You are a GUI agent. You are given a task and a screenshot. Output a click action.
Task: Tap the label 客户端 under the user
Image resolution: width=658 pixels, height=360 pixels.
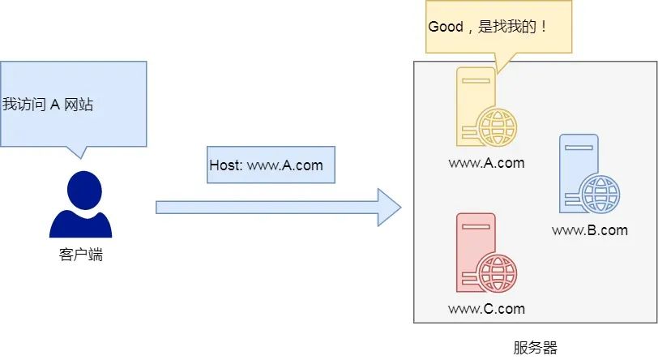click(x=80, y=255)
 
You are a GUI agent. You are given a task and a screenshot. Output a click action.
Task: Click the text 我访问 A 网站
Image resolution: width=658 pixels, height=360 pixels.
click(x=48, y=104)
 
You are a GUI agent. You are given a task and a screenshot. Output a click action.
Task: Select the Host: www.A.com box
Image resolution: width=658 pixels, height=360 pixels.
click(x=266, y=165)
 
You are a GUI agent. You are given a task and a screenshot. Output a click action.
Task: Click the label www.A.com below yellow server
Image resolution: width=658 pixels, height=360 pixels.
click(x=486, y=163)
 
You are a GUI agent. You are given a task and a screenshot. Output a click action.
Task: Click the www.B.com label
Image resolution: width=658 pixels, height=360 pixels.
click(x=590, y=230)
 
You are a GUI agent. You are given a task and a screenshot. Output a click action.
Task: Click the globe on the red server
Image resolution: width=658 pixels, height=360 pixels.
click(x=496, y=273)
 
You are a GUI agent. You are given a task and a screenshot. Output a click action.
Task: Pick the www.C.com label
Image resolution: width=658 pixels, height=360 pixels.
click(x=486, y=309)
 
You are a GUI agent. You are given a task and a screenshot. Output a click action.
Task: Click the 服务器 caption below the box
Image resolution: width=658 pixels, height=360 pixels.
click(x=536, y=348)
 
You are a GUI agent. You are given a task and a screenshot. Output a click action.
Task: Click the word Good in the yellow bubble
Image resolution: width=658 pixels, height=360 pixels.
click(x=445, y=26)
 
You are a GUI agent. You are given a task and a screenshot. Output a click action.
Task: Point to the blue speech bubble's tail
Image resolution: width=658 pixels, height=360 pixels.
click(x=77, y=152)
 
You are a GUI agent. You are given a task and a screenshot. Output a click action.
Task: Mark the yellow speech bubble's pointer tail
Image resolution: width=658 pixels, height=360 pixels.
click(x=498, y=65)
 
